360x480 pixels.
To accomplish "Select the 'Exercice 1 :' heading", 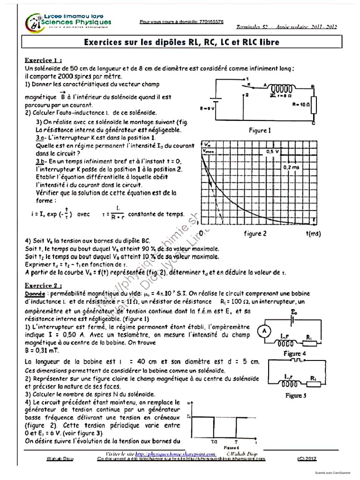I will click(44, 60).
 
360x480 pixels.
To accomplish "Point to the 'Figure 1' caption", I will click(260, 131).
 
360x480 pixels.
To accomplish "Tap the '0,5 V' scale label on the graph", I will click(272, 152).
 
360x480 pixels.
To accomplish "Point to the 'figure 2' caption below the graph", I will click(255, 233).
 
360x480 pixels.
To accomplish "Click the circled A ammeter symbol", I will click(264, 331).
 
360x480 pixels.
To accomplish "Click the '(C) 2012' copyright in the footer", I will click(307, 459).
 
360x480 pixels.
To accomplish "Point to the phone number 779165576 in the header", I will click(206, 22).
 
